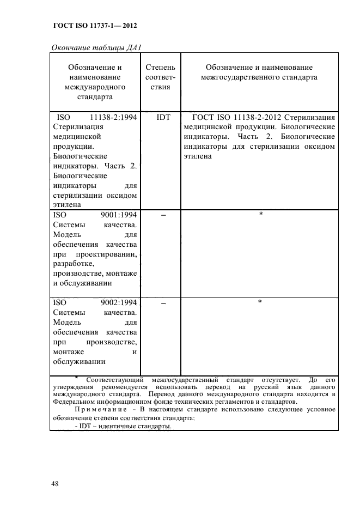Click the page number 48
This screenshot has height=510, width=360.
55,484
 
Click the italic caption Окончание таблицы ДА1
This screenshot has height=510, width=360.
96,47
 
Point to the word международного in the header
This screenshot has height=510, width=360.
94,87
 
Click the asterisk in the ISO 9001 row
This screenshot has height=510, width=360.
260,214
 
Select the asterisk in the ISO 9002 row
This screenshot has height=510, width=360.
260,301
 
